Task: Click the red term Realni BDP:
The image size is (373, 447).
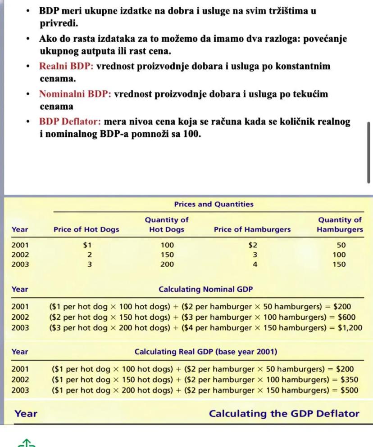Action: (x=66, y=67)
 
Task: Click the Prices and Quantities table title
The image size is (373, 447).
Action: (x=214, y=205)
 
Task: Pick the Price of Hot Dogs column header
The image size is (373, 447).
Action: (x=86, y=229)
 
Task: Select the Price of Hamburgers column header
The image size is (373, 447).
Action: (x=252, y=229)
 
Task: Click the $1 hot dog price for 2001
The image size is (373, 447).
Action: (x=87, y=246)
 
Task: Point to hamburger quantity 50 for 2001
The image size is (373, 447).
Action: (x=341, y=246)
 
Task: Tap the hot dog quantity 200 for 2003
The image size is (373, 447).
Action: (x=167, y=264)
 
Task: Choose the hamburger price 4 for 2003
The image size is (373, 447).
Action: (x=255, y=264)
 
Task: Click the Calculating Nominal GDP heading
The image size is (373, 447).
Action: (x=206, y=290)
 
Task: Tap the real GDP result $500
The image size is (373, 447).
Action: (x=349, y=390)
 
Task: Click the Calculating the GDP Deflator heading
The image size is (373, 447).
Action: (x=284, y=414)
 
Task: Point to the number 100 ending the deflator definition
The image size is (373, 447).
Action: (x=191, y=134)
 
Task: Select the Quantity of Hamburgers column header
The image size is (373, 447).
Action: (x=340, y=224)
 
